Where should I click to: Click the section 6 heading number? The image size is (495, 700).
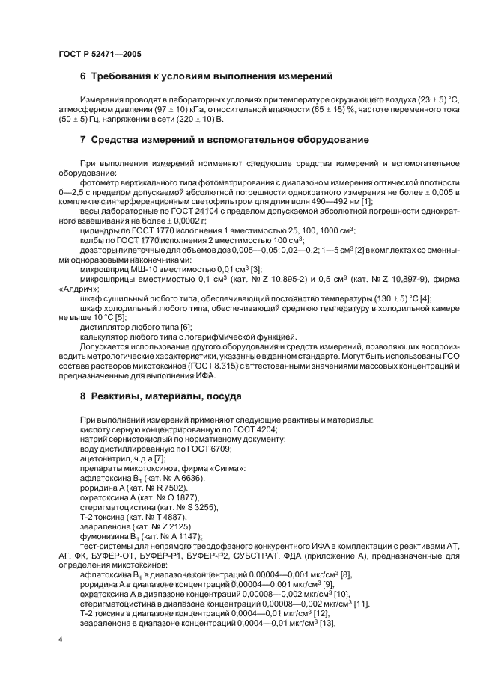click(x=83, y=76)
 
